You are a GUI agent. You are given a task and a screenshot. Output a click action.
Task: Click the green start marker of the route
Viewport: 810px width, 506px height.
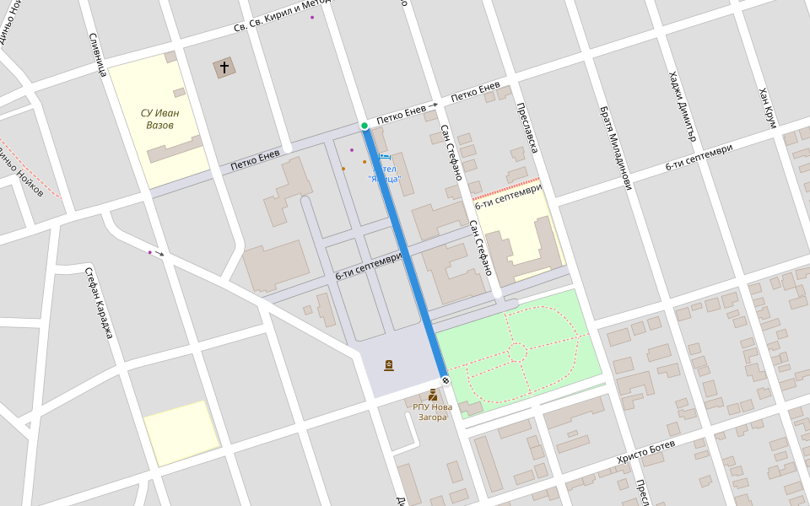coord(364,126)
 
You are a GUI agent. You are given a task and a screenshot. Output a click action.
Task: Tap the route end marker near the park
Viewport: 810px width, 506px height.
coord(445,380)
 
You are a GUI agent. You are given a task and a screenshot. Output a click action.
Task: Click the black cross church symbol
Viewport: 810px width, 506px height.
coord(224,67)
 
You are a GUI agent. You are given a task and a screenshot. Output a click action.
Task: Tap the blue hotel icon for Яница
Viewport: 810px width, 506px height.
coord(386,157)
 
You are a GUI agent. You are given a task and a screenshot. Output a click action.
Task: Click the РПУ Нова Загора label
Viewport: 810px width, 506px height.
coord(432,412)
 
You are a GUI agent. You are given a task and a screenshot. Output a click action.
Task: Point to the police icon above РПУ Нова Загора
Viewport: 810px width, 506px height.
coord(433,395)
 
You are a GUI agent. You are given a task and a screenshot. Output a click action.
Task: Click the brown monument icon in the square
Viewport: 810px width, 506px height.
coord(389,365)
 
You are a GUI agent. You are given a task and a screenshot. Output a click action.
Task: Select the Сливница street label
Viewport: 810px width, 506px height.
coord(96,55)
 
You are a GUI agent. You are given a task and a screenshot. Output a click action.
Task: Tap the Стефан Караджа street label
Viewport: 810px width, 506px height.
coord(98,303)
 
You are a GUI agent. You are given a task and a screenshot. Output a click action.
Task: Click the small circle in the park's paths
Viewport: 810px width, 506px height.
coord(517,352)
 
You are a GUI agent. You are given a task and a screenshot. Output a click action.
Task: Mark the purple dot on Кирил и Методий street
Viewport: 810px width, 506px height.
coord(312,17)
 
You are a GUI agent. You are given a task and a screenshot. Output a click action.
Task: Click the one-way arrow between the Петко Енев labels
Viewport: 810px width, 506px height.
coord(434,105)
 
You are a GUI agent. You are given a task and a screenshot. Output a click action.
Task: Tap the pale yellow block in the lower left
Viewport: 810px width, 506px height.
coord(181,433)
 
